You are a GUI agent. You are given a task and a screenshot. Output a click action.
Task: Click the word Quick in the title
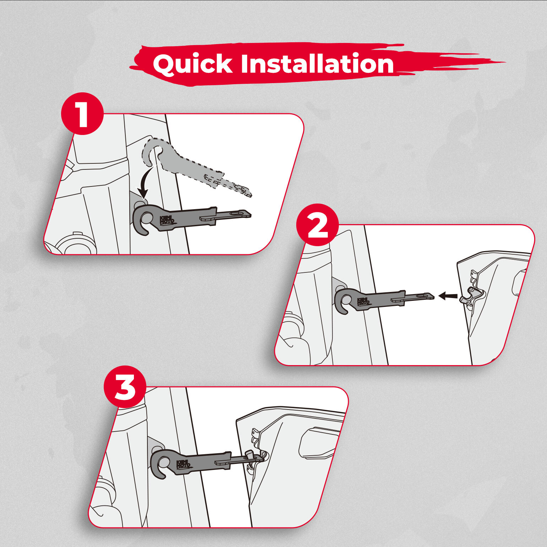(x=193, y=64)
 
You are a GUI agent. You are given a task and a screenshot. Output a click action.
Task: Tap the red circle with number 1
(x=82, y=113)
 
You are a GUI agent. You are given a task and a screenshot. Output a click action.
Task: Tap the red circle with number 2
(x=318, y=225)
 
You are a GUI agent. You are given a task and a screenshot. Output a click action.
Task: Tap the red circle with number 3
(x=125, y=387)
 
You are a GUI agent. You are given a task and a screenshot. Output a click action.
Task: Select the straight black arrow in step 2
(x=448, y=296)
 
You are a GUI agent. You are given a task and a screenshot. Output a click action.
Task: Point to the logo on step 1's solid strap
(x=167, y=220)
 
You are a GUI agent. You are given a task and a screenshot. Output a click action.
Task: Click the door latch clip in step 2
(x=472, y=296)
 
